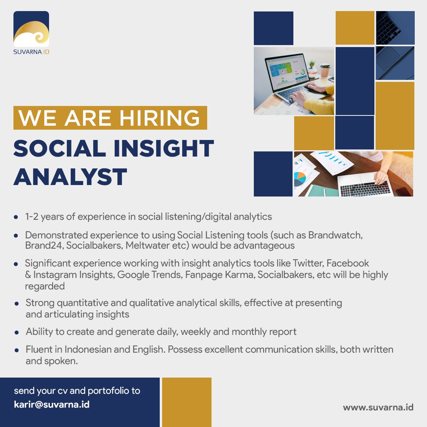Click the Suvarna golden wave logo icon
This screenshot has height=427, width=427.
point(31,29)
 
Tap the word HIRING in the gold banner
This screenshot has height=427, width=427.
point(160,118)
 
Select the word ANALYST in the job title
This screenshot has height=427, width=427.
point(70,177)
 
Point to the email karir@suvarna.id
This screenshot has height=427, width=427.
point(52,404)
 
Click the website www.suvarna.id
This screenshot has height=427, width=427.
point(378,407)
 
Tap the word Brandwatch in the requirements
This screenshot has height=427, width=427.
point(335,235)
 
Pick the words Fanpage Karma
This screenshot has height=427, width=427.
point(220,274)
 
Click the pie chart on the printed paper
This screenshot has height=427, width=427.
point(300,179)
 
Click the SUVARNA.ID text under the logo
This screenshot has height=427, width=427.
point(31,52)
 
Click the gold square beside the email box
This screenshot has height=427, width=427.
point(187,402)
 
